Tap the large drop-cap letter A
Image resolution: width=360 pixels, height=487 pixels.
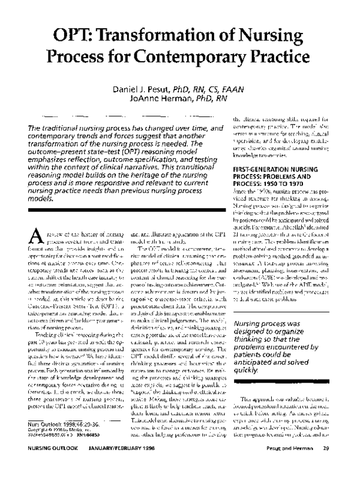(35, 222)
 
